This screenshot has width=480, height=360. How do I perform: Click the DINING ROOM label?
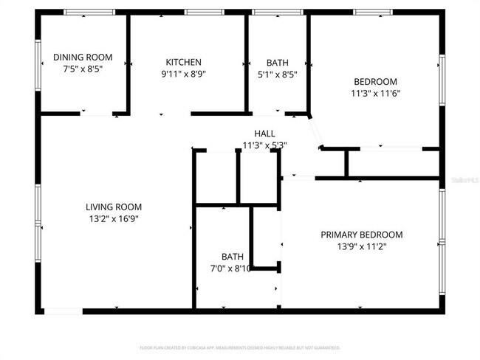[83, 57]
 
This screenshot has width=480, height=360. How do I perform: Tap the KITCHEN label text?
[183, 62]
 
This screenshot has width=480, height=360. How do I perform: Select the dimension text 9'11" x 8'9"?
[183, 74]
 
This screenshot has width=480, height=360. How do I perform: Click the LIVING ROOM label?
[114, 207]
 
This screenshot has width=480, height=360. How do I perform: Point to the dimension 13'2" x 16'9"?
[114, 218]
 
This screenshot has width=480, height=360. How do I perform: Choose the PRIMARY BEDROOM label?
[362, 235]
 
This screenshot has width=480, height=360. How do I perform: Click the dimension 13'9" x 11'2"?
[362, 246]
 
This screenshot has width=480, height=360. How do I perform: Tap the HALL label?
[264, 134]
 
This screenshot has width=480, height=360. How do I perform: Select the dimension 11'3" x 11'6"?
[375, 93]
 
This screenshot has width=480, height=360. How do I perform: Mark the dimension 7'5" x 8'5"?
[83, 69]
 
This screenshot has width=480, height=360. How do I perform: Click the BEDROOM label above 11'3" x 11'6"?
[375, 81]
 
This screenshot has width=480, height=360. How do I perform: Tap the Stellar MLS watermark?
[464, 179]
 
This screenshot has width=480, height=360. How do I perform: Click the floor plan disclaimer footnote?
[240, 347]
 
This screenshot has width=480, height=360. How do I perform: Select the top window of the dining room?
[89, 12]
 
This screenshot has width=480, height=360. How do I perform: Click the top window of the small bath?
[277, 12]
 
